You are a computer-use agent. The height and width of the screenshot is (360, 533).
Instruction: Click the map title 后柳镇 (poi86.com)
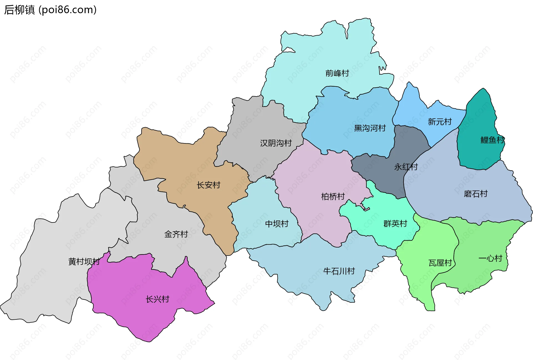coord(50,10)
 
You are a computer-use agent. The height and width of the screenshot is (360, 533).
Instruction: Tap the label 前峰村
coord(337,73)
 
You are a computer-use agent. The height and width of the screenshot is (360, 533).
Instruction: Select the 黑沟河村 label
coord(370,128)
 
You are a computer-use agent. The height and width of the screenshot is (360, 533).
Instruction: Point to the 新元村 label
coord(439,122)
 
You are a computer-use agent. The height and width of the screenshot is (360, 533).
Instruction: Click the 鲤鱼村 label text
coord(492,140)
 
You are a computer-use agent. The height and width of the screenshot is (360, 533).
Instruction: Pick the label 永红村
coord(406,167)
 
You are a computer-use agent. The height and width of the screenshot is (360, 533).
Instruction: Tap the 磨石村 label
coord(476,194)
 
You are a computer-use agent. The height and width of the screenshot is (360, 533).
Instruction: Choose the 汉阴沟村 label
coord(276,143)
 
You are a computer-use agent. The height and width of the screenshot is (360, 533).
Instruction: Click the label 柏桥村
coord(333,197)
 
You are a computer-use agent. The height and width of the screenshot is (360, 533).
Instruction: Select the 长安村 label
coord(208,185)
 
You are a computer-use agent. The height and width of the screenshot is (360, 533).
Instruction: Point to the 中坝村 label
coord(277,224)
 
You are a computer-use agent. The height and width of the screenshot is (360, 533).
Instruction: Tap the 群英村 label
coord(395,224)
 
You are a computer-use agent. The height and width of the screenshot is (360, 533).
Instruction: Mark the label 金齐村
coord(176,234)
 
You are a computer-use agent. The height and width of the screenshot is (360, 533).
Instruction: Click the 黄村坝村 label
coord(84,261)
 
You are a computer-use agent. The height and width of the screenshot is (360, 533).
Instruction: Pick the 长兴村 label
coord(157,299)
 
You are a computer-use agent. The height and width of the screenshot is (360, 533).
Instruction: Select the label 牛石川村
coord(339,271)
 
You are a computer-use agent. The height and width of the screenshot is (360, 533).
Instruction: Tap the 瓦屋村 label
coord(440,263)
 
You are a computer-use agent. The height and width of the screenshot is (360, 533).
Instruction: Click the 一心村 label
coord(490,258)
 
